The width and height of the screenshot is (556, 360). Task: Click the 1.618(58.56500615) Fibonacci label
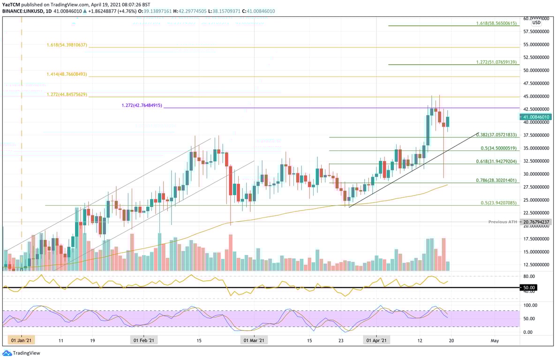[x=496, y=23]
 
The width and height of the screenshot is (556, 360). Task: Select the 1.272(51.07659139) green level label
[x=496, y=62]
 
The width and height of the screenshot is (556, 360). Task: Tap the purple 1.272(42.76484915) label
[x=142, y=105]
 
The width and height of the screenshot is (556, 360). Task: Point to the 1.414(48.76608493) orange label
[x=67, y=75]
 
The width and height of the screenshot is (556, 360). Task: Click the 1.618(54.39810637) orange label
[x=67, y=45]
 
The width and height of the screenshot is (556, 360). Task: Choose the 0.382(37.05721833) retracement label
[x=496, y=135]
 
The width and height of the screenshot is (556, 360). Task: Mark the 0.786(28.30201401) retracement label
[x=496, y=180]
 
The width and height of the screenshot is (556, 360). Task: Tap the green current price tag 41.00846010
[x=537, y=117]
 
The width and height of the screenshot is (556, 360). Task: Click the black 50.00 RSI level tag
[x=528, y=287]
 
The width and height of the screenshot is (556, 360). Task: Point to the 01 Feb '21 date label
[x=144, y=340]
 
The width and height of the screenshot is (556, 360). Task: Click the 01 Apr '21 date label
[x=376, y=340]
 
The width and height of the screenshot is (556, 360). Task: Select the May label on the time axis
[x=494, y=340]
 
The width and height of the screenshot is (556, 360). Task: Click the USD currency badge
[x=536, y=22]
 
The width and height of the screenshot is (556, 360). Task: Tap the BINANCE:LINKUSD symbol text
[x=21, y=11]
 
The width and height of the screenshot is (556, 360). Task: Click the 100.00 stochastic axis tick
[x=531, y=305]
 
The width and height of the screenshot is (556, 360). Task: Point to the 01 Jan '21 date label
[x=22, y=340]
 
